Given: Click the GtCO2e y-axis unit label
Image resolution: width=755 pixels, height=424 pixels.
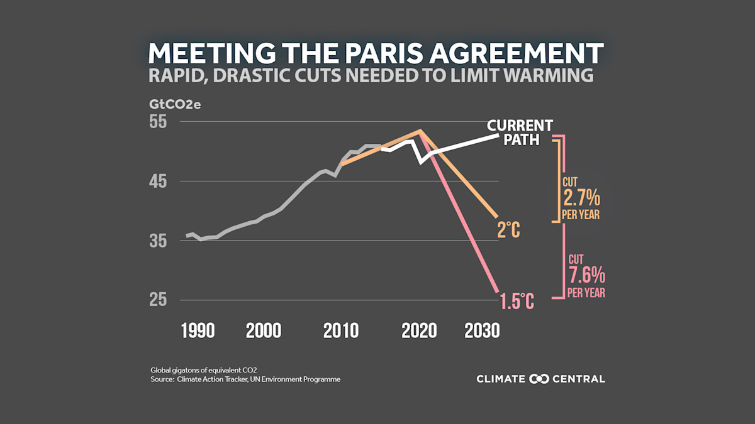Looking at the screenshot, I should (174, 104).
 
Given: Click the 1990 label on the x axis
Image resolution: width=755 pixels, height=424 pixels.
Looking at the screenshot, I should (198, 331).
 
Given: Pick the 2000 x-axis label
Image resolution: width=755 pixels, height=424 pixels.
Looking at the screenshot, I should (263, 331).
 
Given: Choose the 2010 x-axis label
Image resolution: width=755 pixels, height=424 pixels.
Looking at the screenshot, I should (341, 331).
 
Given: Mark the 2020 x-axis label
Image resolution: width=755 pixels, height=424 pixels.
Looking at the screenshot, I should (419, 331).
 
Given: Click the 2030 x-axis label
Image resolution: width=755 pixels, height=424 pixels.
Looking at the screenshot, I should (482, 331).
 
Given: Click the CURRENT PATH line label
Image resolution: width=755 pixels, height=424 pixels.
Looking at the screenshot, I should (520, 132).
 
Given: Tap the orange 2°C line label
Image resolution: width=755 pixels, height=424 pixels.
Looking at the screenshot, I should (509, 231).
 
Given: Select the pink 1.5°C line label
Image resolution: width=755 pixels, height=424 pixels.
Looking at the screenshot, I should (517, 302).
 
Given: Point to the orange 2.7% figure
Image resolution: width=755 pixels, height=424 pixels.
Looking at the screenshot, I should (581, 200).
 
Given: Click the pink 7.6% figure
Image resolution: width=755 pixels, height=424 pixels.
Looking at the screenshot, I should (586, 275).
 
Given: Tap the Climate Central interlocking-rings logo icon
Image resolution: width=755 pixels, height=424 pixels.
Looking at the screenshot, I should (540, 379).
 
